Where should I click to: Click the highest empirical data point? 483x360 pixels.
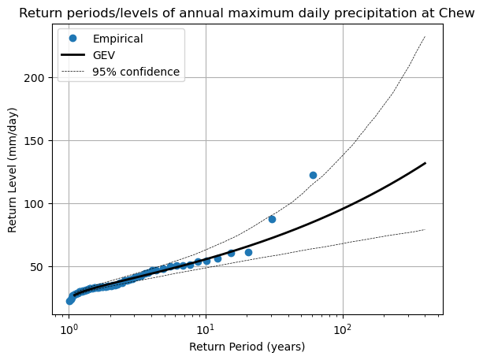point(313,175)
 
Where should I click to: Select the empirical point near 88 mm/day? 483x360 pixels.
point(272,219)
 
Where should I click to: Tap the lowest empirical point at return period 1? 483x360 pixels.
point(69,301)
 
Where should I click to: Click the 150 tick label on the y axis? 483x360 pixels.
point(43,141)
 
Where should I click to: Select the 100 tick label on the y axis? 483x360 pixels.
point(43,204)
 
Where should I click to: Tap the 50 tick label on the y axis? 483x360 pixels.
point(46,267)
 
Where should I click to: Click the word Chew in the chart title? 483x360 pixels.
point(452,13)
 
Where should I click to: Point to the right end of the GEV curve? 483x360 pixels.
point(425,163)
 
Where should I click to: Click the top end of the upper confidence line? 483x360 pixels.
point(425,35)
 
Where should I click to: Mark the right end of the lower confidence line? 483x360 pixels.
point(425,229)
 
